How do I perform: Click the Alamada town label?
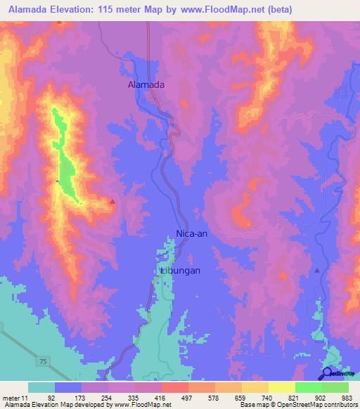click(x=146, y=84)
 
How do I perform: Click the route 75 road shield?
click(x=44, y=361)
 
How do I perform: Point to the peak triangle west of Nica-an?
click(x=112, y=202)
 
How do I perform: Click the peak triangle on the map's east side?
click(x=317, y=271)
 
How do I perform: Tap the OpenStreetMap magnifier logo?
click(x=328, y=373)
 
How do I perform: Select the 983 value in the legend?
click(x=348, y=398)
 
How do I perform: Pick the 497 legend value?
click(x=187, y=398)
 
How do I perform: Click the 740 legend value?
click(x=268, y=398)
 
